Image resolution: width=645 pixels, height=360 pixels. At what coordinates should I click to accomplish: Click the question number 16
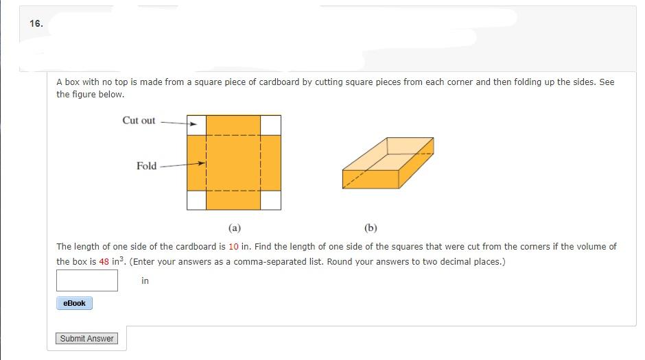(x=36, y=23)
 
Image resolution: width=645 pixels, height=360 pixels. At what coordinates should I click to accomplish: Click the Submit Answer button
(x=87, y=339)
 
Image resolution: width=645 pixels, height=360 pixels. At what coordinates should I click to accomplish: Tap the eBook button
(x=74, y=303)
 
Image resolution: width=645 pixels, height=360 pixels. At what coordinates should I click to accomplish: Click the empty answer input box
(x=87, y=280)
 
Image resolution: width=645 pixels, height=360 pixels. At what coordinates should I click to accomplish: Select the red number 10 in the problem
(x=234, y=247)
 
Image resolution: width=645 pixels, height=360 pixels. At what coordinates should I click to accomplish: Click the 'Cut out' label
(x=139, y=121)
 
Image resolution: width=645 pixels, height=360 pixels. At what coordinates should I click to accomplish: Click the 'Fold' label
(x=146, y=166)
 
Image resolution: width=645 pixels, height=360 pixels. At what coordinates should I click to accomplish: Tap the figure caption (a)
(x=234, y=228)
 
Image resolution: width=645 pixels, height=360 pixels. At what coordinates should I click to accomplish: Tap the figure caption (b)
(x=371, y=228)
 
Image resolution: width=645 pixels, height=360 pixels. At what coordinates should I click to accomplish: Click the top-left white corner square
(x=196, y=125)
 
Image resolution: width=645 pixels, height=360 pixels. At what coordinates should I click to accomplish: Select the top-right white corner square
(x=271, y=125)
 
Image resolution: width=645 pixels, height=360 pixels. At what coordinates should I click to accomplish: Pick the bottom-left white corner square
(x=196, y=200)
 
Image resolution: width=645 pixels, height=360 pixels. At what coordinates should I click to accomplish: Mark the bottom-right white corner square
(x=271, y=200)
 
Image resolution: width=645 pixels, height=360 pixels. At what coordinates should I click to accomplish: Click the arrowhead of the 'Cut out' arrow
(x=193, y=124)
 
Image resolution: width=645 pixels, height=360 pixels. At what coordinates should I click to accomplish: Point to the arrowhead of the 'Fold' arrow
(x=202, y=164)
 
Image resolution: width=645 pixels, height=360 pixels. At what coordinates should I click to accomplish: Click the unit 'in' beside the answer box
(x=145, y=280)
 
